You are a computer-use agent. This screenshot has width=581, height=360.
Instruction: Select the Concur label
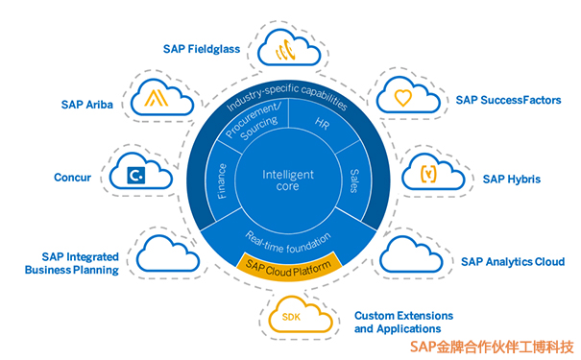(x=73, y=177)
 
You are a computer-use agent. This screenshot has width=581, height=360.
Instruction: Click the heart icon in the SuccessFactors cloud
(x=403, y=96)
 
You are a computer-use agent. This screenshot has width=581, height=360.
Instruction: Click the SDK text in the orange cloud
(x=292, y=317)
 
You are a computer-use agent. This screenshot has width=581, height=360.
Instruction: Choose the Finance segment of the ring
(x=220, y=182)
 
